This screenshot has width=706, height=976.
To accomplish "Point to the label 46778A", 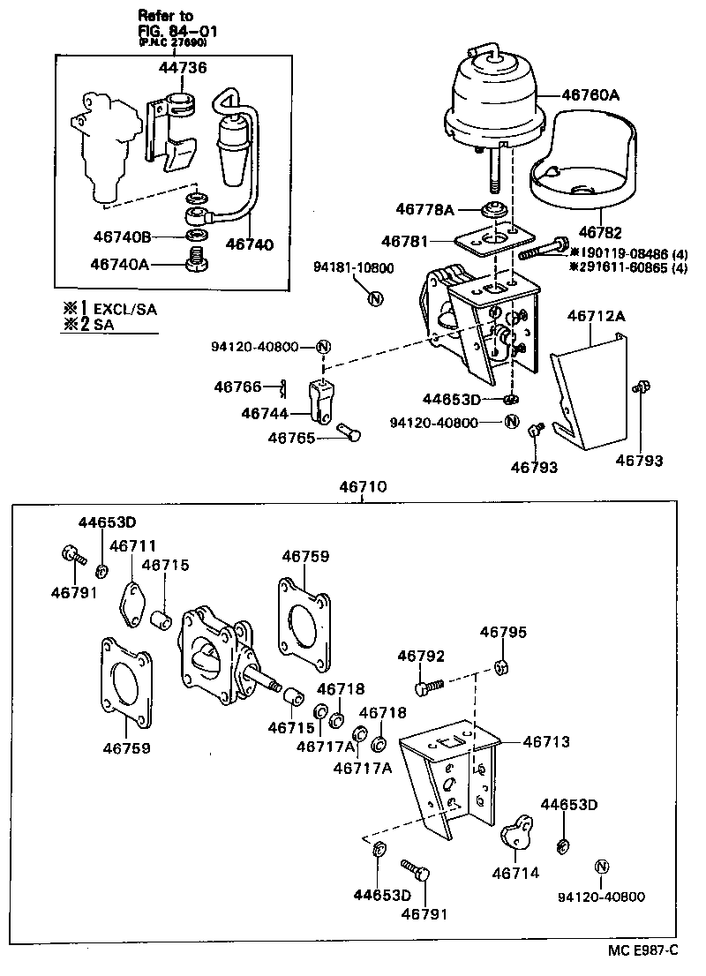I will pos(424,209).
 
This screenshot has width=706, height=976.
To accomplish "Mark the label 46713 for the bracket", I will pos(545,742).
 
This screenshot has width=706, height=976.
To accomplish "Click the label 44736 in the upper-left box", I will pos(184,67).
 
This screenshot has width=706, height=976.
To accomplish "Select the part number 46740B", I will pos(123,236).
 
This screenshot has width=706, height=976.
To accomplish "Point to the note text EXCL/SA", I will pos(125,310).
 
